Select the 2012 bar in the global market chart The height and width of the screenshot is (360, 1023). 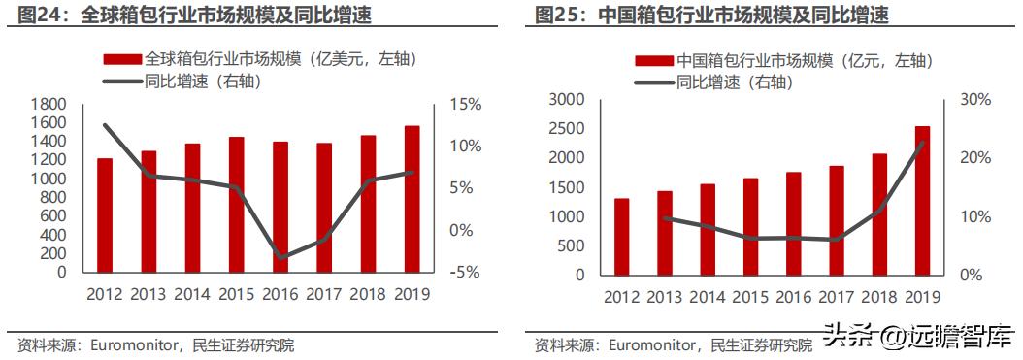coord(105,215)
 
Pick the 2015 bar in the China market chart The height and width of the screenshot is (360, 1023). coord(751,226)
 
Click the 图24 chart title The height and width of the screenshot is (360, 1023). coord(187,16)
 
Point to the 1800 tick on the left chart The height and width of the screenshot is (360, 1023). coord(49,104)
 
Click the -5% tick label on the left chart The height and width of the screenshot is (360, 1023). coord(464,273)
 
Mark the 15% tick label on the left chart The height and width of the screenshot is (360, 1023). coord(464,104)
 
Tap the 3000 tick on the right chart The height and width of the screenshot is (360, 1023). coord(567,100)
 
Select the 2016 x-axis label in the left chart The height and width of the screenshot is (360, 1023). coord(280,293)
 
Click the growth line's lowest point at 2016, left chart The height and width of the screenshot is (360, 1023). coord(280,258)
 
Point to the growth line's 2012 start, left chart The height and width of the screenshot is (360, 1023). coord(105,125)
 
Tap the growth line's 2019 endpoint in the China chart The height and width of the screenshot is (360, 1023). coord(922,143)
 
